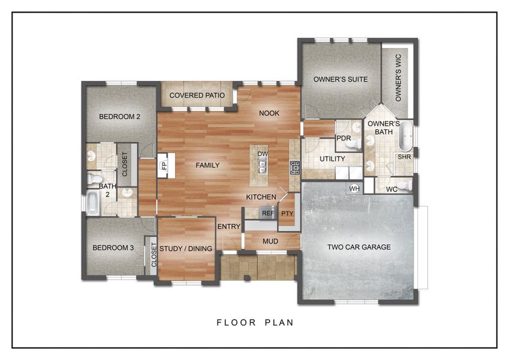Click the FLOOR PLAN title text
pos(255,323)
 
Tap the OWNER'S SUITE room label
pos(341,79)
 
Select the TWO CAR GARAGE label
pos(359,247)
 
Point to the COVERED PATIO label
pos(197,95)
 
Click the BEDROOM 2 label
pos(119,116)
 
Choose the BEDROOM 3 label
pos(113,248)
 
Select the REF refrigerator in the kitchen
pos(267,212)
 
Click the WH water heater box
pos(353,189)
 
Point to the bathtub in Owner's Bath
pos(406,136)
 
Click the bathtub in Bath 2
pos(93,203)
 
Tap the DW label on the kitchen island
pos(262,154)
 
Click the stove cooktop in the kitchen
pos(294,167)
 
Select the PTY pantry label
pos(287,213)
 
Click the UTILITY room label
pos(332,159)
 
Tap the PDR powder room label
pos(344,138)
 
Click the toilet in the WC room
pos(405,185)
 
